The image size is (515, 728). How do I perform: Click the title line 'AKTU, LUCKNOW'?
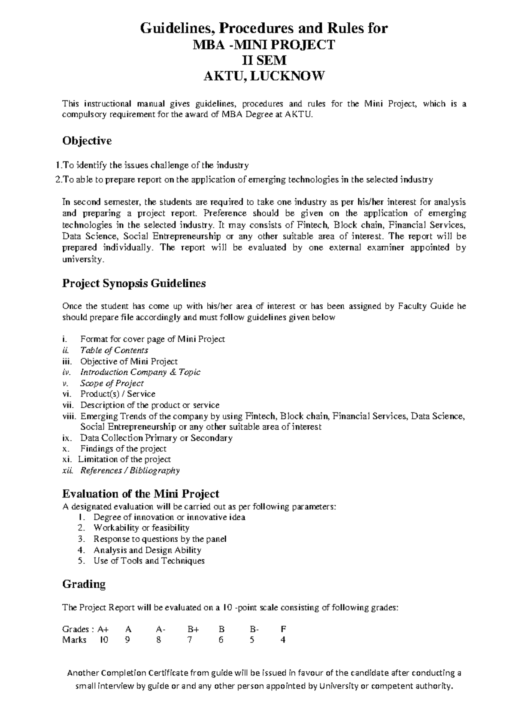(x=264, y=76)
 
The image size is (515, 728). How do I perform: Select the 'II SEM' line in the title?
(x=264, y=61)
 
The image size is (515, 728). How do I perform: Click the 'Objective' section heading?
(x=87, y=141)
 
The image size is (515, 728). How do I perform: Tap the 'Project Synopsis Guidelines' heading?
(x=134, y=283)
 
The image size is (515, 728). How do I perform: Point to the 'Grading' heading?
(x=84, y=584)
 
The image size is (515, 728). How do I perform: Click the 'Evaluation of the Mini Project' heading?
(x=141, y=493)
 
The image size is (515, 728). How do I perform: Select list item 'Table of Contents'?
(x=114, y=350)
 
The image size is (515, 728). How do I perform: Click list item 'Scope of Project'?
(x=112, y=383)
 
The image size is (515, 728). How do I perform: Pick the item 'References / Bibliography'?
(x=130, y=470)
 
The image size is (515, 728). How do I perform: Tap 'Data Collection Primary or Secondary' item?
(x=156, y=438)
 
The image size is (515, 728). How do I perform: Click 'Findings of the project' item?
(x=124, y=449)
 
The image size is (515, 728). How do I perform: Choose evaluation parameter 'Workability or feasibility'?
(x=142, y=528)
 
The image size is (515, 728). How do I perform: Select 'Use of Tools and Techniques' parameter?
(x=149, y=561)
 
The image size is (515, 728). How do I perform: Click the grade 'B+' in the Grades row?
(x=193, y=629)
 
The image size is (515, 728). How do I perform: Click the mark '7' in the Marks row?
(x=190, y=640)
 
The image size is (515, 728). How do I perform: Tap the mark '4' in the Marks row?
(x=283, y=640)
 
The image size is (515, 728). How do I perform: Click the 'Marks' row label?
(x=74, y=640)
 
